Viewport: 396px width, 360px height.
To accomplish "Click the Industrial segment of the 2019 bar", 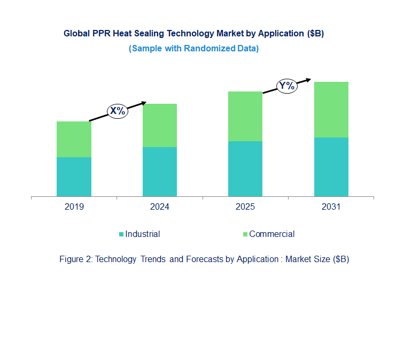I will click(74, 177).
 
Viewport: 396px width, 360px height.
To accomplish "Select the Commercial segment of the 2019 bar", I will click(74, 139).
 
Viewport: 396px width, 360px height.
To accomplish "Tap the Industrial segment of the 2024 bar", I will click(159, 172).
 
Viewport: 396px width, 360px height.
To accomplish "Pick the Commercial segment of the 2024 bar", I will click(159, 125).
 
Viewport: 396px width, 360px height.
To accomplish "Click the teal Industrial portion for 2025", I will click(245, 168).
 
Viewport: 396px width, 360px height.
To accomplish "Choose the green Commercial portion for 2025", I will click(245, 116).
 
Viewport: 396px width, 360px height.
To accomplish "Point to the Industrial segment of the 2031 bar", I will click(331, 167).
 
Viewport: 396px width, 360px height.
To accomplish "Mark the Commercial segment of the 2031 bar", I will click(331, 110).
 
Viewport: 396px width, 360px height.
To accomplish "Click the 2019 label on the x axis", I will click(74, 207).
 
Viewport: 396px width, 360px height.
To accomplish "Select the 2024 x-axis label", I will click(159, 207).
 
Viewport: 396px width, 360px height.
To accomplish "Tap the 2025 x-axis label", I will click(245, 207).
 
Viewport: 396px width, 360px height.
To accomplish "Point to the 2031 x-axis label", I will click(331, 207).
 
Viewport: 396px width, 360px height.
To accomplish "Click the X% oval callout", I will click(118, 111).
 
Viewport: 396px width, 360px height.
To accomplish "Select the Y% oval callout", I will click(286, 86).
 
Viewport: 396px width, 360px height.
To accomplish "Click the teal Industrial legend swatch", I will click(121, 234).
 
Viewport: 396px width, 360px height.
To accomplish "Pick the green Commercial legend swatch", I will click(245, 234).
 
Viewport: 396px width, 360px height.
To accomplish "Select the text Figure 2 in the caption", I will click(75, 259).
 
